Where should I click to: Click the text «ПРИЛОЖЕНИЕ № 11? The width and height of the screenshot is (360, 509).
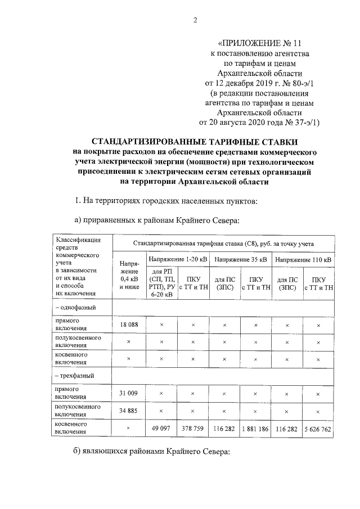click(254, 42)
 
